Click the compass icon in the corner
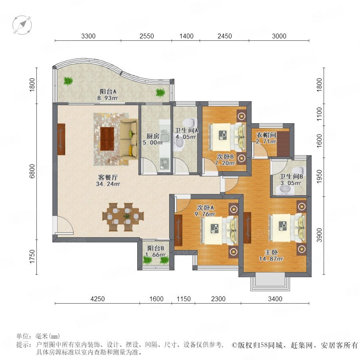[22, 25]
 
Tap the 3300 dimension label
[88, 36]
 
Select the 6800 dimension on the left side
[32, 171]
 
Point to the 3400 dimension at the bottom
[275, 299]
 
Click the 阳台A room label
[108, 92]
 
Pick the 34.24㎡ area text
[108, 184]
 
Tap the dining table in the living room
[123, 217]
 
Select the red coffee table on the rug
[107, 139]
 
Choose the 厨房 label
[153, 136]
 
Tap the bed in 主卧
[288, 228]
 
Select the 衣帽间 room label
[266, 135]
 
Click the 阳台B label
[156, 248]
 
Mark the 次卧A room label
[206, 208]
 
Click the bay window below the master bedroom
[270, 282]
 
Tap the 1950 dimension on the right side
[319, 177]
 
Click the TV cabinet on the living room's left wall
[62, 139]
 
